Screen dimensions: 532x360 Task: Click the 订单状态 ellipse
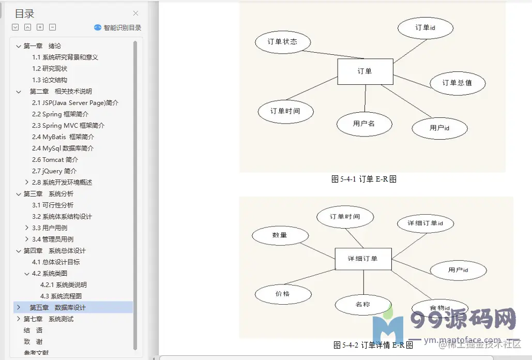click(x=283, y=42)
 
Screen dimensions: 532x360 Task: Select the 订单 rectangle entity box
click(x=365, y=71)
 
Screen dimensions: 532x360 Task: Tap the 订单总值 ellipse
click(x=457, y=83)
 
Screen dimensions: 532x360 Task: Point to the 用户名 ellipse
click(x=364, y=124)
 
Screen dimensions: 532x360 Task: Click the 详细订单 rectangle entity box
click(x=363, y=259)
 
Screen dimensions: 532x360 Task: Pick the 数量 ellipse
click(x=280, y=235)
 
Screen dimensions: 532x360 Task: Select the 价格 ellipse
click(x=283, y=294)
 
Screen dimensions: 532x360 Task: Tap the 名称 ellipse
click(x=363, y=305)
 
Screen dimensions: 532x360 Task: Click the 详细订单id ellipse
click(x=425, y=223)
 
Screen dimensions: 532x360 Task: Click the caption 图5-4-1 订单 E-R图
click(x=364, y=179)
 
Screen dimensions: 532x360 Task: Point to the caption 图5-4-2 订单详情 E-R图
click(x=373, y=345)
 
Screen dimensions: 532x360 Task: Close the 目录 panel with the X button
click(x=135, y=13)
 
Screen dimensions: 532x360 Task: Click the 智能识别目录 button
click(x=118, y=28)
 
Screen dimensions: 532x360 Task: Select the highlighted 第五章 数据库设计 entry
click(x=58, y=308)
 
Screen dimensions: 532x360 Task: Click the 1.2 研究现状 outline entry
click(x=50, y=69)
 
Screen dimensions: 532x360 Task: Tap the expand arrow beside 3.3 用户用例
click(x=27, y=228)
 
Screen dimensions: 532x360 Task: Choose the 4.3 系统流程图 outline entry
click(x=61, y=296)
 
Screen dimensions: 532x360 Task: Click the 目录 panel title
click(x=24, y=14)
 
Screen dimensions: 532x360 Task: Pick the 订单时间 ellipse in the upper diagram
click(x=285, y=111)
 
